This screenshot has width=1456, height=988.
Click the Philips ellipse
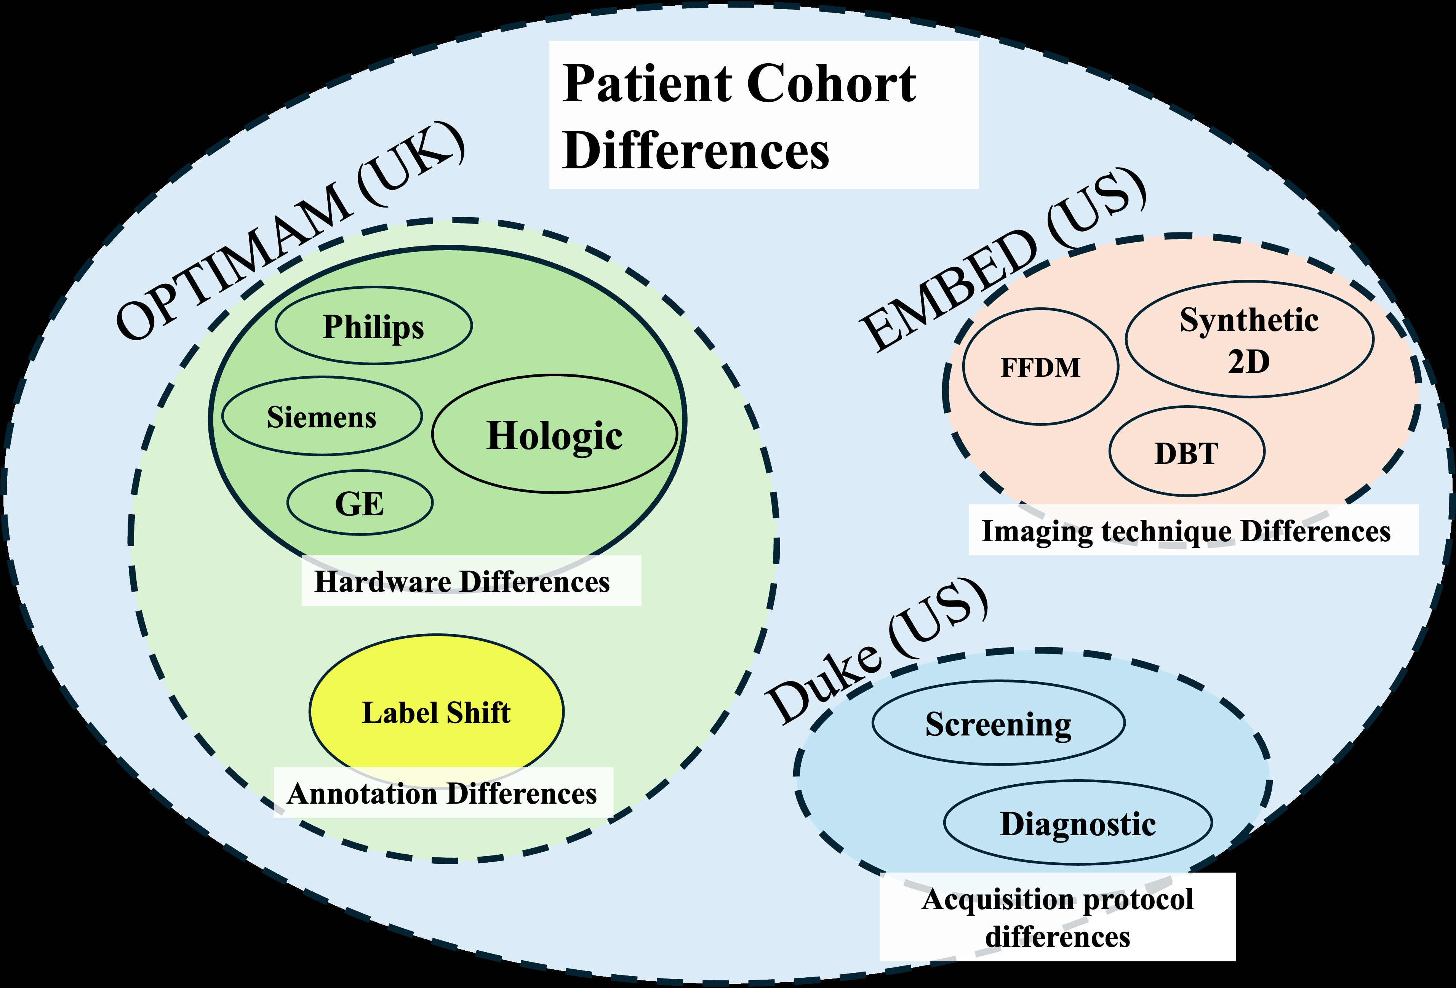373,325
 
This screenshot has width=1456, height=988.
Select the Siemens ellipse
322,416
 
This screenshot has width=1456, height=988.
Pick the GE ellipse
360,502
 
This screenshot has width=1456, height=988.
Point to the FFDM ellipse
1041,366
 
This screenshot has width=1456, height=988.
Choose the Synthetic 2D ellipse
1249,339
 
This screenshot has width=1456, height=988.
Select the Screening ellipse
998,723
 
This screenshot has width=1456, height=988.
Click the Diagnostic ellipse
1078,823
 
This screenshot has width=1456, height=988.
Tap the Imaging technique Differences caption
1186,531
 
